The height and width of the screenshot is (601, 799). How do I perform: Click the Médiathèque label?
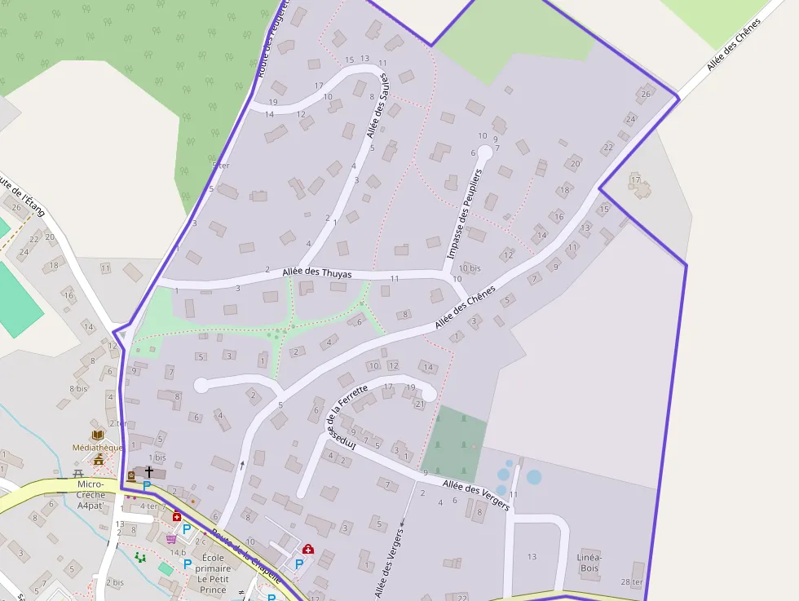98,447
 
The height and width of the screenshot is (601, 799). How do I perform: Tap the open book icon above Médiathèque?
98,435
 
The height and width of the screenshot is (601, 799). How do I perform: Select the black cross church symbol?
149,472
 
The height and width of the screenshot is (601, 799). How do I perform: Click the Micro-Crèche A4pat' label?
91,494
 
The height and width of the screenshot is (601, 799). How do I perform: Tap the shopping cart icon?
171,538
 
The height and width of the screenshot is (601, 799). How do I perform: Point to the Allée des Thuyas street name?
317,274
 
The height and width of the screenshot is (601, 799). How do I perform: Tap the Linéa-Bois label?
589,562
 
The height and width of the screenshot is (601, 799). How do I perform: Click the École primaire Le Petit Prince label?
213,573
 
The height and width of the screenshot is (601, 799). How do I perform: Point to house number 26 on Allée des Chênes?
646,95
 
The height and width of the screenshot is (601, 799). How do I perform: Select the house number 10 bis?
470,267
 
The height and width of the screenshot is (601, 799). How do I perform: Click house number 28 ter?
631,581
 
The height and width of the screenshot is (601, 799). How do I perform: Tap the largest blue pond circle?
533,477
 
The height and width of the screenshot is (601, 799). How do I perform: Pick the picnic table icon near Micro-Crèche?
78,473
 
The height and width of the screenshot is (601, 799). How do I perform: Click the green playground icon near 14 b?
140,557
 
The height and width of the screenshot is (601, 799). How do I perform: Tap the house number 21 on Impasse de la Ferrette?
420,404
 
